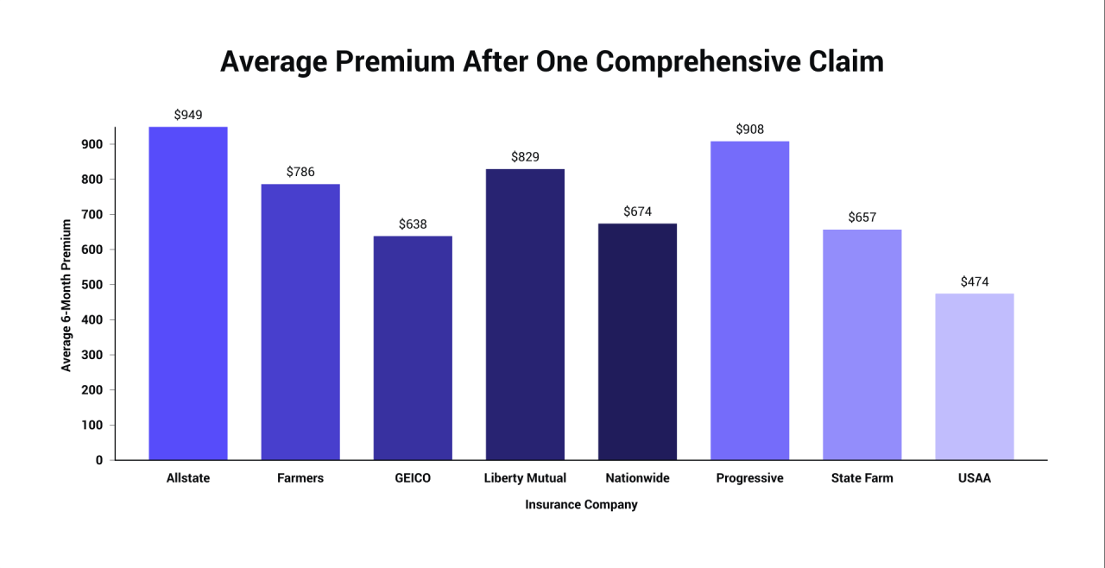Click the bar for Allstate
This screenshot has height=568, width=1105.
188,293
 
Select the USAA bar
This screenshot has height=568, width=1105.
974,376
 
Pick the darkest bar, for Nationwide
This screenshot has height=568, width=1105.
637,342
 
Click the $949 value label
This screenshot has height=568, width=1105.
188,115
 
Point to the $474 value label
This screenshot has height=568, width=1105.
974,281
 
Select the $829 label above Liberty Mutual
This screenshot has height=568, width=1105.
525,157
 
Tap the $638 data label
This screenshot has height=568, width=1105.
413,224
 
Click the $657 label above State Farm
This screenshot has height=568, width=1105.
862,218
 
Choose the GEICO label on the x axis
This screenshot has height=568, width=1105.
413,478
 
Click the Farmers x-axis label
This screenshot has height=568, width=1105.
300,478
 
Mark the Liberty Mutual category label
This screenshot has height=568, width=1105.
525,478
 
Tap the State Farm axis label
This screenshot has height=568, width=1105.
862,478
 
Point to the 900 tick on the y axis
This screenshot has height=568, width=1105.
92,144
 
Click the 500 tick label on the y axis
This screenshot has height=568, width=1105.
92,285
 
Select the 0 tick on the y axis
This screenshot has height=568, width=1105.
99,460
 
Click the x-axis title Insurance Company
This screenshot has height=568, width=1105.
581,505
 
